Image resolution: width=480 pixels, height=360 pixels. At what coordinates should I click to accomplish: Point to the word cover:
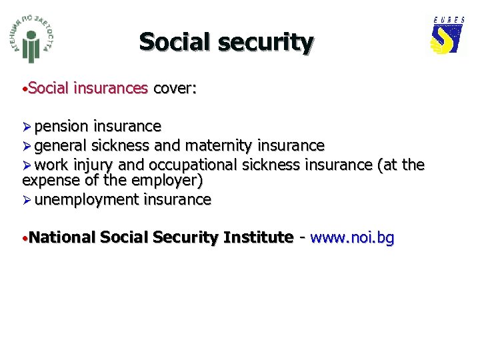pyautogui.click(x=175, y=89)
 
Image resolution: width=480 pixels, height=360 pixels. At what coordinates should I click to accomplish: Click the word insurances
pyautogui.click(x=111, y=89)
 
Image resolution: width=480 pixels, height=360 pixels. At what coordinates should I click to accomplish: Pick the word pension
pyautogui.click(x=62, y=127)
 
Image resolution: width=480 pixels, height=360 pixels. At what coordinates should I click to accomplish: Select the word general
pyautogui.click(x=61, y=145)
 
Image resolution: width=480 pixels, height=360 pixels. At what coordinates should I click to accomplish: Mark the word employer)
pyautogui.click(x=170, y=180)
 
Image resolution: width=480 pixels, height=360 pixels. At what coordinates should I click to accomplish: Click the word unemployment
pyautogui.click(x=87, y=199)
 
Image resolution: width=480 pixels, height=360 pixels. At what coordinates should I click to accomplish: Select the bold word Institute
pyautogui.click(x=258, y=237)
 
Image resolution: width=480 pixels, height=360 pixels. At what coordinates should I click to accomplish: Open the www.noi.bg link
pyautogui.click(x=352, y=237)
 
